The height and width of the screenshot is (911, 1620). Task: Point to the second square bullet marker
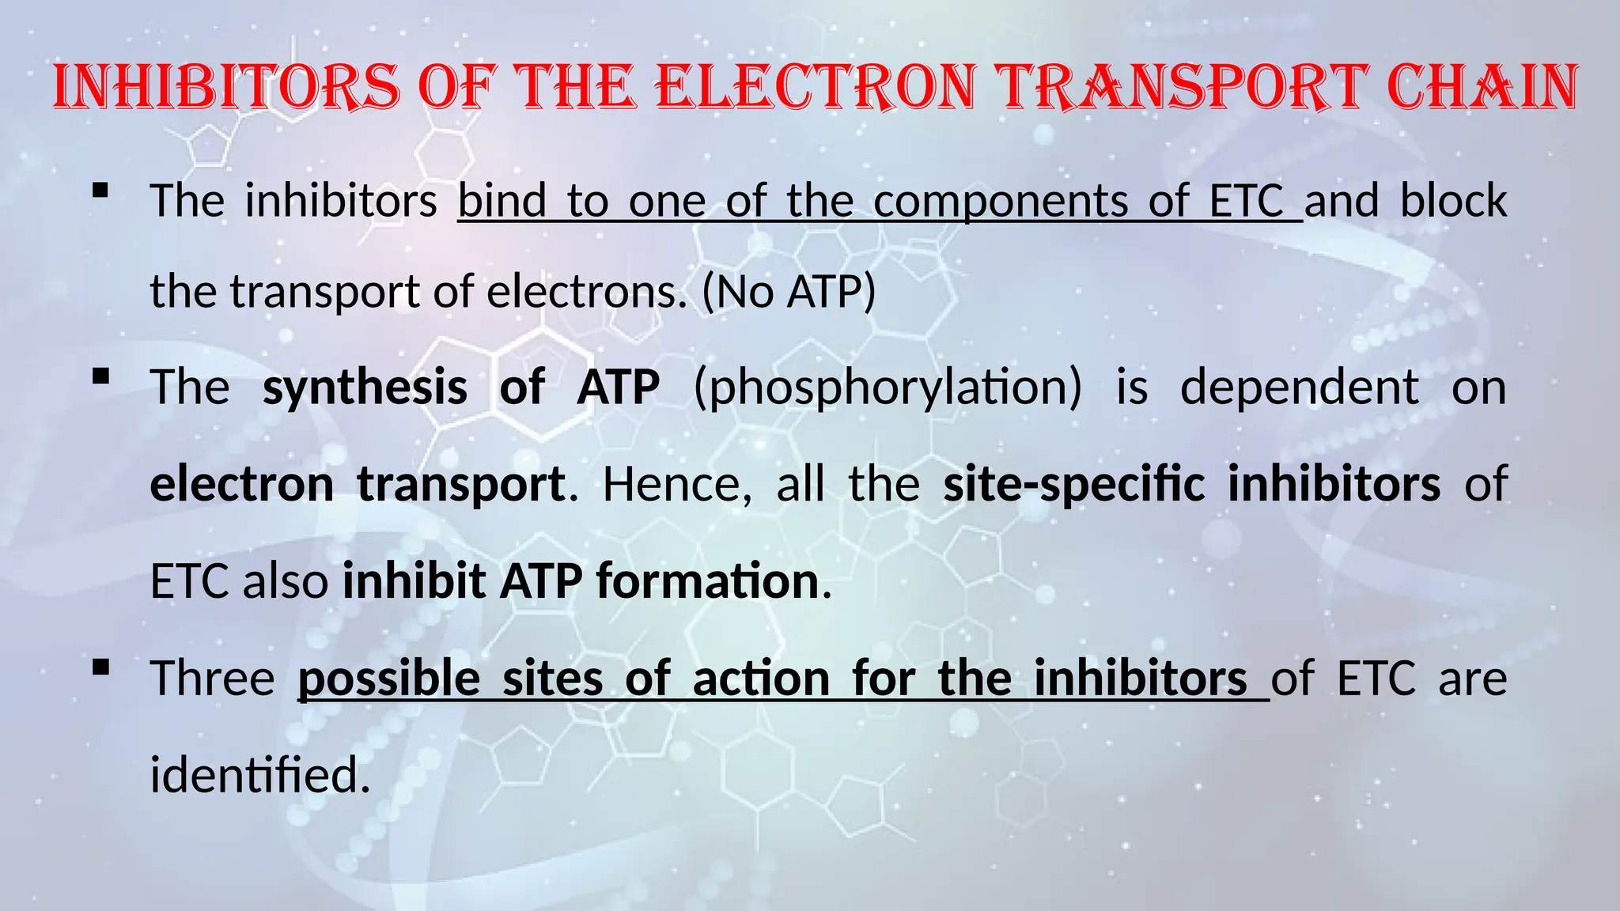coord(100,377)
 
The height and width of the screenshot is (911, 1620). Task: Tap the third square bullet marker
coord(100,668)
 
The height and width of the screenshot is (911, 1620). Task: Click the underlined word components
coord(1001,202)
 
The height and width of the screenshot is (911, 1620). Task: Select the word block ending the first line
coord(1453,200)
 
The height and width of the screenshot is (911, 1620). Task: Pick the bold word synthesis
coord(365,387)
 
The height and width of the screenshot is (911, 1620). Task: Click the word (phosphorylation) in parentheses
coord(888,388)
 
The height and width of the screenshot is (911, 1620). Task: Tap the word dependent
coord(1299,387)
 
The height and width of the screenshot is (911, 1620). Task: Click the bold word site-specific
coord(1073,484)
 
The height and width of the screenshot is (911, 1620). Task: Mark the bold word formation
coord(707,581)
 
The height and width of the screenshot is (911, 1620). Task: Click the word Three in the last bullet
coord(212,679)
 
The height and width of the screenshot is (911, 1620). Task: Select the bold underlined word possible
coord(388,679)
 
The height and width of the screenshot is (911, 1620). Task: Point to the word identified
coord(259,775)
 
